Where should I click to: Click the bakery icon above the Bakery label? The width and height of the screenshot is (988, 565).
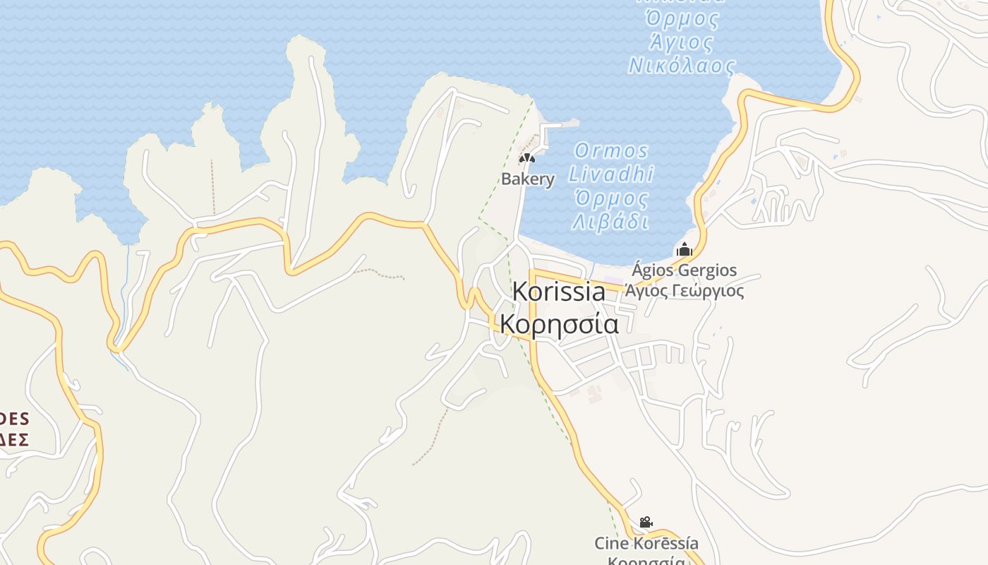(527, 158)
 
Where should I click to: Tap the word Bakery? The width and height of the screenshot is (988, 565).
(528, 179)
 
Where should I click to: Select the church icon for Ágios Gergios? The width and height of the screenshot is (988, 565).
(684, 249)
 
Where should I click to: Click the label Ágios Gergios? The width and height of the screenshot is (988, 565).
(684, 270)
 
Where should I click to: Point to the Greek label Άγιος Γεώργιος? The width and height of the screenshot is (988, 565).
(684, 290)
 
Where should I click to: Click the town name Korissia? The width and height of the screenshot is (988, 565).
(558, 292)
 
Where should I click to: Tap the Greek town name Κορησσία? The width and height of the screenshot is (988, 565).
(559, 324)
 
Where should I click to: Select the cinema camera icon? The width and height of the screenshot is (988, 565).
(646, 523)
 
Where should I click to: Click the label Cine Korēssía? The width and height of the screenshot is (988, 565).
(646, 543)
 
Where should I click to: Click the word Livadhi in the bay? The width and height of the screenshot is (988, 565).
(611, 174)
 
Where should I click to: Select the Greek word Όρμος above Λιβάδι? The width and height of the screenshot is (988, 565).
(611, 198)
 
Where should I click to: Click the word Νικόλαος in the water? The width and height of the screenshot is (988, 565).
(682, 66)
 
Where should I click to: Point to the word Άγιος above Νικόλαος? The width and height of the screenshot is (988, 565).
(680, 42)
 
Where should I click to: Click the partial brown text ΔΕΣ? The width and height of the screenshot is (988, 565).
(14, 440)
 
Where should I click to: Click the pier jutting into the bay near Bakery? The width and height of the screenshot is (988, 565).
(558, 124)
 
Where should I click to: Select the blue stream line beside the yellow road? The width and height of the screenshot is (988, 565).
(126, 297)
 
